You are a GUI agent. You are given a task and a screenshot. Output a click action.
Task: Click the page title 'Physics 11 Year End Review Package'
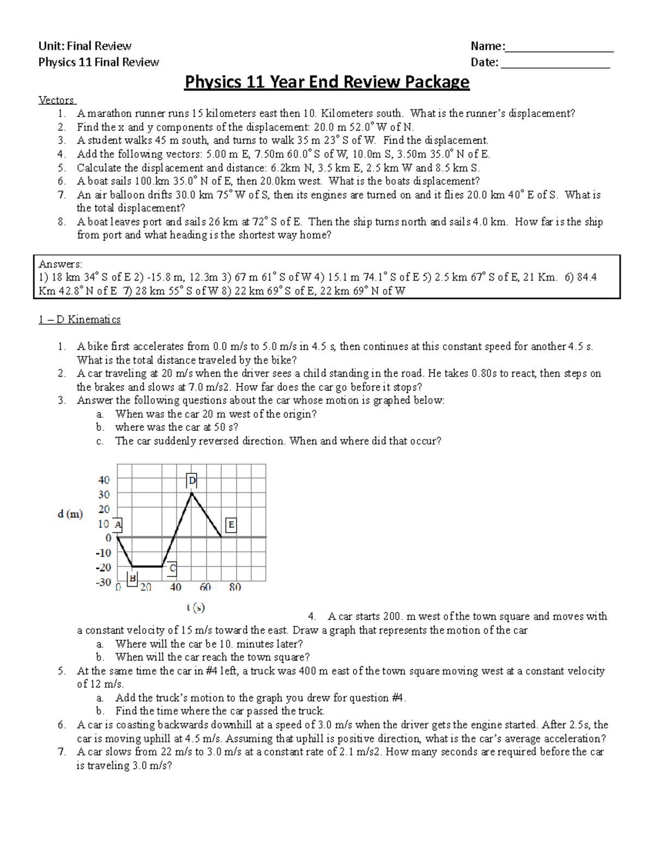click(x=327, y=82)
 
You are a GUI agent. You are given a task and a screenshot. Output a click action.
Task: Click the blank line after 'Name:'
click(x=560, y=47)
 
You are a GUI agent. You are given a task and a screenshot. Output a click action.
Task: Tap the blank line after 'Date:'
click(x=555, y=63)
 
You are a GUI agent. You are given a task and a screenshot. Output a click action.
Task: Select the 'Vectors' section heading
click(x=57, y=100)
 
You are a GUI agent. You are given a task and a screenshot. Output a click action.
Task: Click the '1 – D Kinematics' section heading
click(x=80, y=320)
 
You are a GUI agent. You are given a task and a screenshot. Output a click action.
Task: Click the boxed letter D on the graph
click(x=191, y=480)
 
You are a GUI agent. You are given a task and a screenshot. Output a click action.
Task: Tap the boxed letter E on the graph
click(x=231, y=525)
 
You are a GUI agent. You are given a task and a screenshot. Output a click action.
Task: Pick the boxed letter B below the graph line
click(x=131, y=579)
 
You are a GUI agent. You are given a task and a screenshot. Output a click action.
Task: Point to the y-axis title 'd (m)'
click(x=70, y=514)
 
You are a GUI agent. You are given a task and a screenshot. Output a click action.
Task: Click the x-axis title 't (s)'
click(x=195, y=607)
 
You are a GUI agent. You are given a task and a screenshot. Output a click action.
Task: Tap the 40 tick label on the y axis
click(x=104, y=480)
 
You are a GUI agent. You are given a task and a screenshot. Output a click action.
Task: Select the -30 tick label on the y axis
click(x=102, y=582)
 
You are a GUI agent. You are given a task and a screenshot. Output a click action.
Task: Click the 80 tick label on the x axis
click(x=235, y=587)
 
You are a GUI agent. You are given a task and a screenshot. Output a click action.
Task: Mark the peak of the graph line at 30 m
click(x=191, y=493)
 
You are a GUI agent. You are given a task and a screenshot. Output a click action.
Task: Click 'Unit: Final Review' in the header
click(x=84, y=46)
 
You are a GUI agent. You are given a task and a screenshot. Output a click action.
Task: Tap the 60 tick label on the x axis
click(x=205, y=587)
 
